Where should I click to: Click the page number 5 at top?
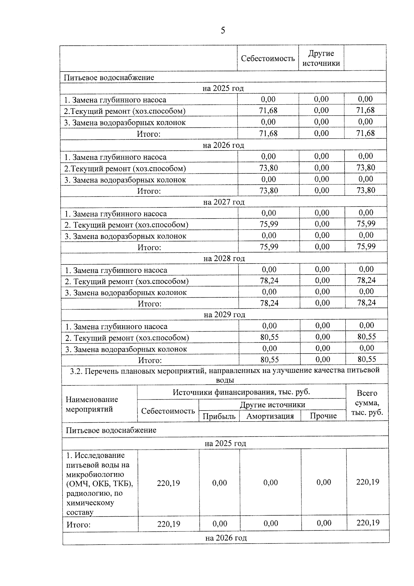pos(223,31)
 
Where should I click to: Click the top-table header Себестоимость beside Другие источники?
pos(268,58)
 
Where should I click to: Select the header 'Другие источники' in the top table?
pos(321,58)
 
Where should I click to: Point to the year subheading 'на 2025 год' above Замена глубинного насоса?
pos(223,88)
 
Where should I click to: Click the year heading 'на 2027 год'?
pos(224,202)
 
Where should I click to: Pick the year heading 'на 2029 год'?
pos(224,315)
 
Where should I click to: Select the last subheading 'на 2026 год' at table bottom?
pos(226,538)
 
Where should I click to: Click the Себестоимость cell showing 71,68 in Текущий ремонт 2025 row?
pos(268,111)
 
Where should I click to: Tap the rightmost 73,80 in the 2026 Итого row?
pos(366,190)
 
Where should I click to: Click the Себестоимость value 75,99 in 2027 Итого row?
pos(269,247)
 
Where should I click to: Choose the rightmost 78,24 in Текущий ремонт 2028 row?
pos(366,280)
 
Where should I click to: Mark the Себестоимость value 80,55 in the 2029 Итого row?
pos(269,359)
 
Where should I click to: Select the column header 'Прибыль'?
pos(219,416)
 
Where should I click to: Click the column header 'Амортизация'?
pos(270,416)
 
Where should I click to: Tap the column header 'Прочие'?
pos(323,416)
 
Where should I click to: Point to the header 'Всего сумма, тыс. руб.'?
pos(367,403)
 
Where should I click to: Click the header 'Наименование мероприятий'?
pos(92,404)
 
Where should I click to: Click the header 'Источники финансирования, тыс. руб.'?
pos(241,392)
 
